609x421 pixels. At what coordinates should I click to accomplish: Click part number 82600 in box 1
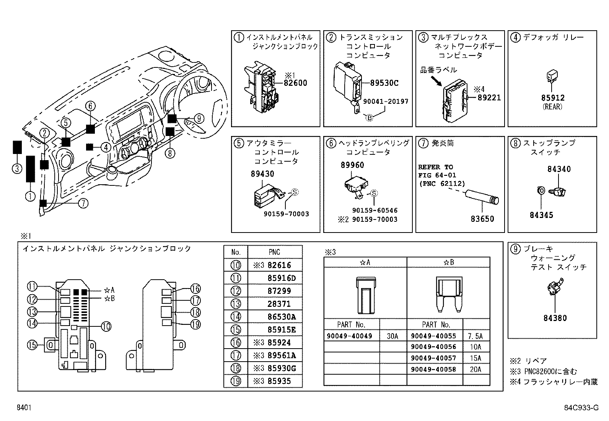click(295, 83)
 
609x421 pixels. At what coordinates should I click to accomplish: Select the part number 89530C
click(384, 83)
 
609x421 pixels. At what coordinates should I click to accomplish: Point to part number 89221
click(489, 98)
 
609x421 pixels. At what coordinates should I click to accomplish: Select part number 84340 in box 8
click(559, 169)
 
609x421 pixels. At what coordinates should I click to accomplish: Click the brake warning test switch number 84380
click(555, 318)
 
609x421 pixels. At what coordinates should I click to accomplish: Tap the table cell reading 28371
click(279, 304)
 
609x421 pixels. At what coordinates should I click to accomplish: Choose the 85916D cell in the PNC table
click(282, 278)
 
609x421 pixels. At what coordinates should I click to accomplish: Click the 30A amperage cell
click(392, 336)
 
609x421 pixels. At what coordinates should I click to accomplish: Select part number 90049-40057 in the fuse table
click(433, 359)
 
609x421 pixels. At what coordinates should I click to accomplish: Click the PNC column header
click(275, 252)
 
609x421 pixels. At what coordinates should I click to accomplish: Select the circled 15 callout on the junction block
click(32, 345)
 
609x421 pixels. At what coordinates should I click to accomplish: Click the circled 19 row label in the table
click(236, 381)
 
